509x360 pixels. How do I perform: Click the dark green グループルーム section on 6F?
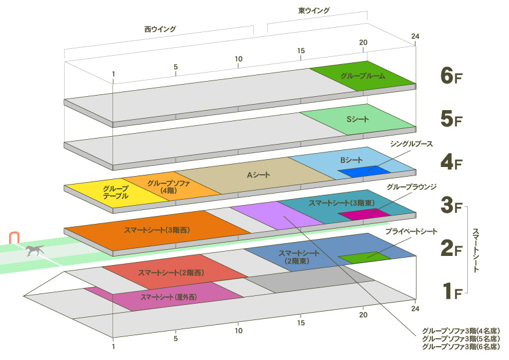363,77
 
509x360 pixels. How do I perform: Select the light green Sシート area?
357,120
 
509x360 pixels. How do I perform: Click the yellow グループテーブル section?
112,192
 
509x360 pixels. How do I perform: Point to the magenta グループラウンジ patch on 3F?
363,214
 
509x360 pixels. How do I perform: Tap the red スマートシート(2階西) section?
172,273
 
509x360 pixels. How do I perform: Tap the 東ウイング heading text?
314,11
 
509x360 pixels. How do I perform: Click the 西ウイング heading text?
160,28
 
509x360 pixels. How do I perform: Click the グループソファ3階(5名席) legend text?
461,339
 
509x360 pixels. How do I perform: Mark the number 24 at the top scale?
415,36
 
